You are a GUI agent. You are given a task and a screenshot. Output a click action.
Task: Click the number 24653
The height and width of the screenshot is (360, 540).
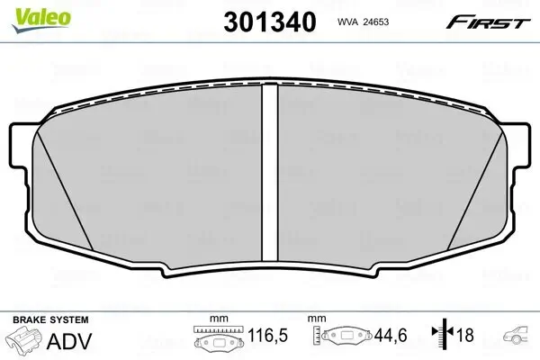click(x=388, y=22)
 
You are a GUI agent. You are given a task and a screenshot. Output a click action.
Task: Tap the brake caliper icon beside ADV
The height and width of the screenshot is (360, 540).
click(x=26, y=342)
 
